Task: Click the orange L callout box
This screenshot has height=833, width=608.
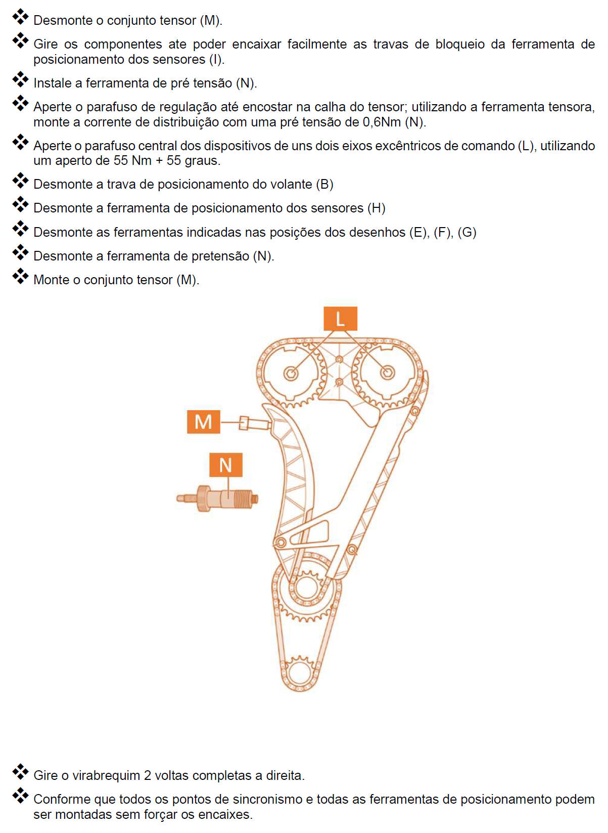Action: pyautogui.click(x=340, y=319)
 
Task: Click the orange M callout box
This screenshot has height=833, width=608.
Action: pyautogui.click(x=203, y=422)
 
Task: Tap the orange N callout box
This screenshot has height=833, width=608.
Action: pyautogui.click(x=225, y=465)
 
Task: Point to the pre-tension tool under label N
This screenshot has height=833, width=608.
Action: pyautogui.click(x=218, y=499)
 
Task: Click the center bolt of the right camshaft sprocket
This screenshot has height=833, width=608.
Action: pyautogui.click(x=388, y=373)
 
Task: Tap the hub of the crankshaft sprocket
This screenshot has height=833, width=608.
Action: pyautogui.click(x=305, y=588)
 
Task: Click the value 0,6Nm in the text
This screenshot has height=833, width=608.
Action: pyautogui.click(x=382, y=122)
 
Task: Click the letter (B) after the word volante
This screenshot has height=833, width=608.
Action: pyautogui.click(x=324, y=184)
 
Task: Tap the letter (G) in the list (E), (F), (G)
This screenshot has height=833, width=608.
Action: pyautogui.click(x=467, y=232)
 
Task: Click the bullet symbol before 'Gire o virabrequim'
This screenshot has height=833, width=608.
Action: pyautogui.click(x=20, y=772)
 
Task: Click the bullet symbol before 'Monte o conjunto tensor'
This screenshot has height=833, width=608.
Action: pyautogui.click(x=20, y=277)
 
